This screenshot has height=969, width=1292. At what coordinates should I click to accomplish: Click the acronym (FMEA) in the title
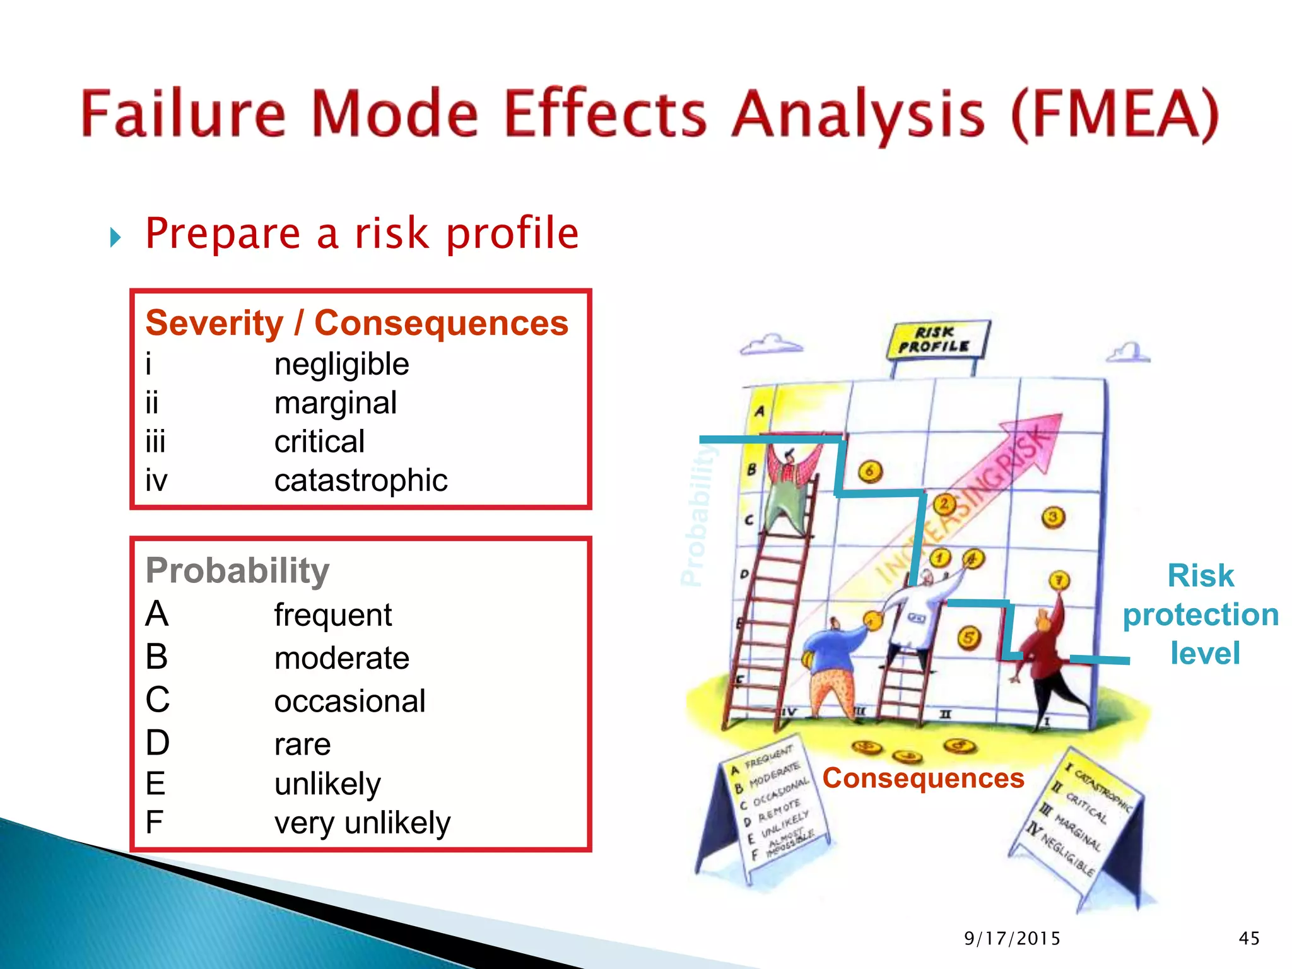1114,115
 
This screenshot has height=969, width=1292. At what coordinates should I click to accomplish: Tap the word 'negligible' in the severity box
341,365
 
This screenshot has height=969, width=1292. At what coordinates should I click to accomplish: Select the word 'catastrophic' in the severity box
360,481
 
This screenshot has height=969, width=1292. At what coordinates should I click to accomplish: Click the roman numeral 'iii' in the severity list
155,442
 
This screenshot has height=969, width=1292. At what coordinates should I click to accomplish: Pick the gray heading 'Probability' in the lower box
237,571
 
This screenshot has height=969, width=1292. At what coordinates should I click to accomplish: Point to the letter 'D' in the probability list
157,743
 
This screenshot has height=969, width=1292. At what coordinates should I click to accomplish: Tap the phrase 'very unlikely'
362,823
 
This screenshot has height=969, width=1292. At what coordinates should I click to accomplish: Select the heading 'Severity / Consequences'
356,323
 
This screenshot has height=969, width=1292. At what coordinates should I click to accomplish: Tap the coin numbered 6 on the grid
870,471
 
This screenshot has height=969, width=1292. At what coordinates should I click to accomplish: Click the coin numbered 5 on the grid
969,638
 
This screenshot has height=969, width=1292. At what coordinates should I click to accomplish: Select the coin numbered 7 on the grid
1059,580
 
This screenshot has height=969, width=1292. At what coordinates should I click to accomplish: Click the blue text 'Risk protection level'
1200,614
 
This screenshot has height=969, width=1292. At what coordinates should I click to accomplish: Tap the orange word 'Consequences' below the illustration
923,778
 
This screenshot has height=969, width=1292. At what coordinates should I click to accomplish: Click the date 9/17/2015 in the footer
1012,939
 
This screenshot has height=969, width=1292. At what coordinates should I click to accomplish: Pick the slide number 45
1248,939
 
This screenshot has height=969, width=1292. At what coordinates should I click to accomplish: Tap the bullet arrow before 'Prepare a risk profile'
115,238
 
